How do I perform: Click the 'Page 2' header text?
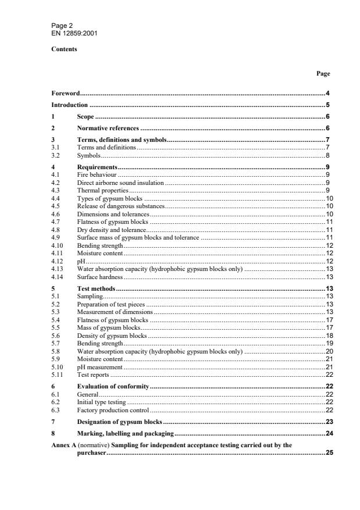click(x=62, y=26)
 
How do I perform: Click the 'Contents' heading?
click(x=65, y=49)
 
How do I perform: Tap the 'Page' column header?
click(x=323, y=74)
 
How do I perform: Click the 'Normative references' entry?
click(x=108, y=128)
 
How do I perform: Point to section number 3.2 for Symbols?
click(x=56, y=155)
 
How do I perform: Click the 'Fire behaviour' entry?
click(x=97, y=174)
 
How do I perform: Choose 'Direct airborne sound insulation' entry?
click(x=120, y=183)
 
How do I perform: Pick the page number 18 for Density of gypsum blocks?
click(x=328, y=336)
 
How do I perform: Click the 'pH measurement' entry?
click(x=99, y=367)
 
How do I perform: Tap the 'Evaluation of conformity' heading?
click(x=113, y=386)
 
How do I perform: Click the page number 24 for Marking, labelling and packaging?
click(x=328, y=434)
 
